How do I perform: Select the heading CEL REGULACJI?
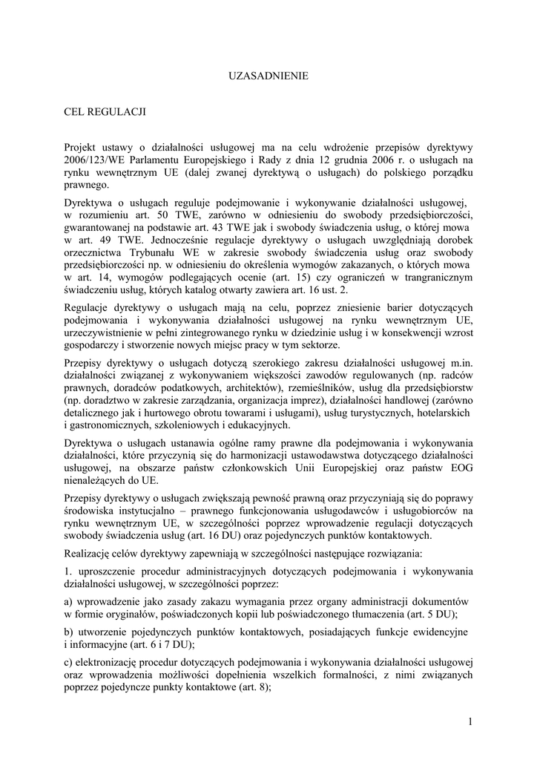point(105,112)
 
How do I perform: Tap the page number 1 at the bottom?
point(470,721)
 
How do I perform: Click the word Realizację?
point(92,554)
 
